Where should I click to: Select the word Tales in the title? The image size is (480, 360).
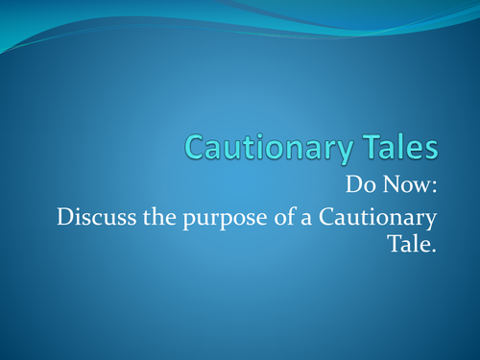[x=395, y=147]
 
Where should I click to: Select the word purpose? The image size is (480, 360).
[x=221, y=218]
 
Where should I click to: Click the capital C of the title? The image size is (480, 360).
[x=196, y=147]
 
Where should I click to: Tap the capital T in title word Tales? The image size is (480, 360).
[x=361, y=147]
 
